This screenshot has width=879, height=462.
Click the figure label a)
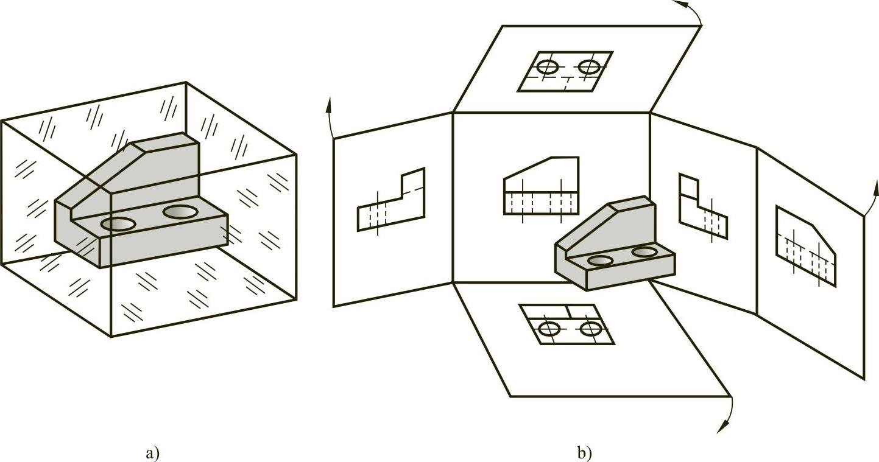(x=153, y=453)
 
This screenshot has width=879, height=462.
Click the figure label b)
(x=585, y=453)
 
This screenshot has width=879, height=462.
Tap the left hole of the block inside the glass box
(x=118, y=224)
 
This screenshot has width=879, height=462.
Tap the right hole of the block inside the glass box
(x=180, y=212)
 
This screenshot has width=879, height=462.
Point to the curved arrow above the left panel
(x=330, y=117)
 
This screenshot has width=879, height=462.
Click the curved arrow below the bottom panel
(x=729, y=416)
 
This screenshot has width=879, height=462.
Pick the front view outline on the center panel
(x=541, y=186)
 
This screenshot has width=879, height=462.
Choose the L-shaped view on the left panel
(x=391, y=200)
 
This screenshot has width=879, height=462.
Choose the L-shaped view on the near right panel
(x=703, y=206)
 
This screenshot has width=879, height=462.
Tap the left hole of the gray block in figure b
(x=601, y=261)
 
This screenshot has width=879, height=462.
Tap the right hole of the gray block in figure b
(x=644, y=252)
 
